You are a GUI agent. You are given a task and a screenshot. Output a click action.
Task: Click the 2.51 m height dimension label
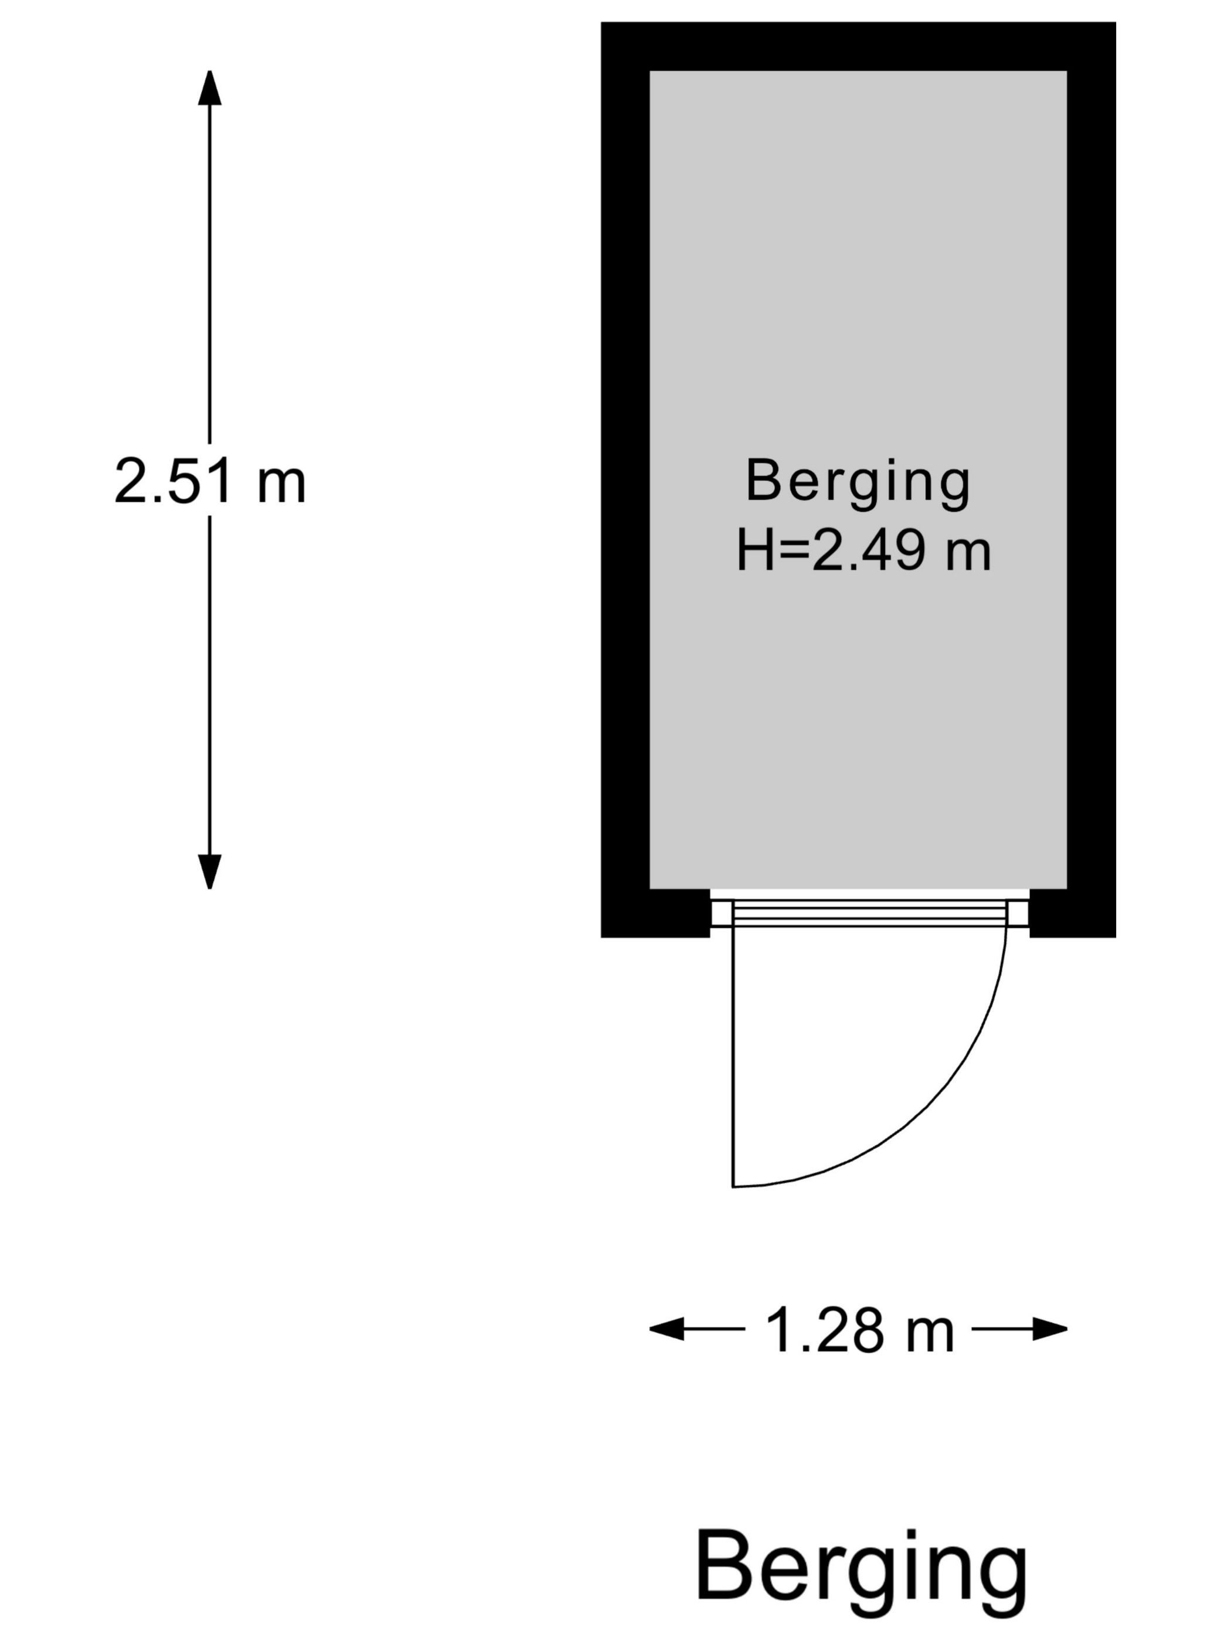click(x=210, y=481)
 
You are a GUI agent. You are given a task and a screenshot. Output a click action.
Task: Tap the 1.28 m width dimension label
click(x=859, y=1330)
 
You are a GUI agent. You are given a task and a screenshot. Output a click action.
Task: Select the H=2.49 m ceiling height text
click(x=863, y=551)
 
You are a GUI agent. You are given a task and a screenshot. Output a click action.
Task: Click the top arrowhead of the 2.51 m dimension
click(x=209, y=87)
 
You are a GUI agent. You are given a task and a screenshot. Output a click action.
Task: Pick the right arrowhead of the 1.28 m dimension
click(x=1050, y=1329)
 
